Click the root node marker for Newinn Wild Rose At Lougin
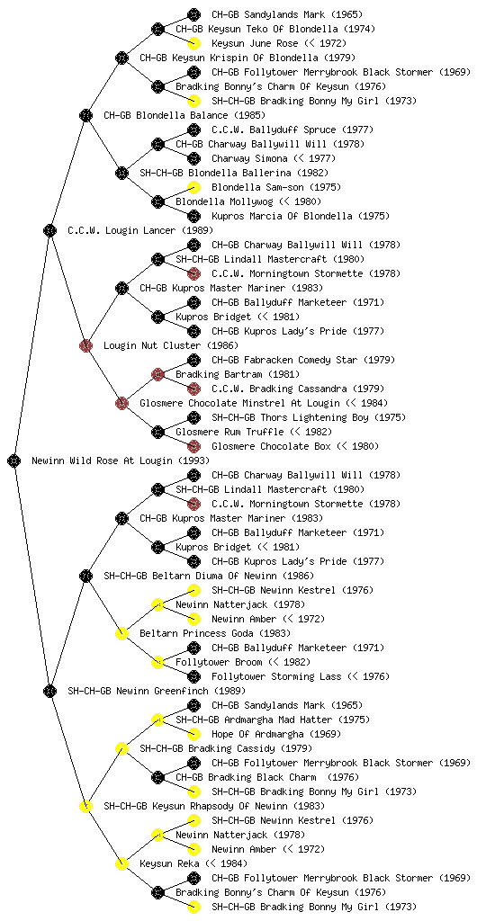tap(14, 461)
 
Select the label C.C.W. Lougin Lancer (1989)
tap(140, 231)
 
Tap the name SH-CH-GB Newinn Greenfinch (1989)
tap(157, 692)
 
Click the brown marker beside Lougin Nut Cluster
tap(85, 346)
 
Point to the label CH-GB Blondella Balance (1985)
tap(184, 116)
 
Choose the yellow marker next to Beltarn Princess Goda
tap(121, 634)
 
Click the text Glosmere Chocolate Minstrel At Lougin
tap(239, 404)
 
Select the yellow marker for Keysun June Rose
tap(193, 43)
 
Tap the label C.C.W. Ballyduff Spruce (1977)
tap(292, 130)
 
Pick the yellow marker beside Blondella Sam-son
tap(193, 187)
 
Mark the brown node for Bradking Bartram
tap(157, 375)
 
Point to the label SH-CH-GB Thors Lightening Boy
tap(290, 417)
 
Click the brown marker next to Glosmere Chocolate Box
tap(193, 446)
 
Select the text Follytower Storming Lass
tap(276, 676)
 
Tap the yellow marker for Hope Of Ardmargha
tap(193, 734)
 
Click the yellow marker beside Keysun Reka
tap(121, 864)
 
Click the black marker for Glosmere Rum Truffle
tap(157, 433)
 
